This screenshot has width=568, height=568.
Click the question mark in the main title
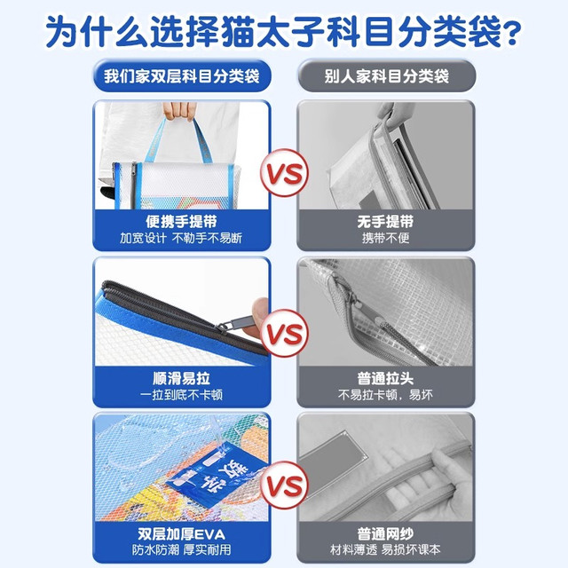pos(509,33)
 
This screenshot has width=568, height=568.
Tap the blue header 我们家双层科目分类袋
pos(182,76)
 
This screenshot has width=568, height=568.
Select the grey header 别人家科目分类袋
pos(386,76)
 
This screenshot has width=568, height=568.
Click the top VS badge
pos(284,173)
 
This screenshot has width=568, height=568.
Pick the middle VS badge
pos(284,333)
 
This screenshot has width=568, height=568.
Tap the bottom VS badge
pos(284,485)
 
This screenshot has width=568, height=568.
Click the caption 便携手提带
pos(181,221)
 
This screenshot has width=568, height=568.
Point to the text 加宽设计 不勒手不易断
pos(181,239)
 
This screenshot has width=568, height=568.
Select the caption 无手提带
pos(385,221)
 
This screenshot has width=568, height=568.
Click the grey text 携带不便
pos(385,238)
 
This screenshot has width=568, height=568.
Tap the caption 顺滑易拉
pos(181,379)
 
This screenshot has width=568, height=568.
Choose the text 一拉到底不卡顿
pos(181,395)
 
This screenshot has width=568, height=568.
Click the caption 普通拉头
pos(385,379)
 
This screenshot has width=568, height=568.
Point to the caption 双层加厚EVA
pos(181,534)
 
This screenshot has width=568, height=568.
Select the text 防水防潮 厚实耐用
pos(181,550)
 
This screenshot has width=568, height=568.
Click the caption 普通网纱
pos(385,534)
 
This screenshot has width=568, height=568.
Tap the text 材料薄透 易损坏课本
pos(385,550)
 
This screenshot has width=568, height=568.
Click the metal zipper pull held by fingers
pos(235,323)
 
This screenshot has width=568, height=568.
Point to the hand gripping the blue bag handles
pos(179,110)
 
